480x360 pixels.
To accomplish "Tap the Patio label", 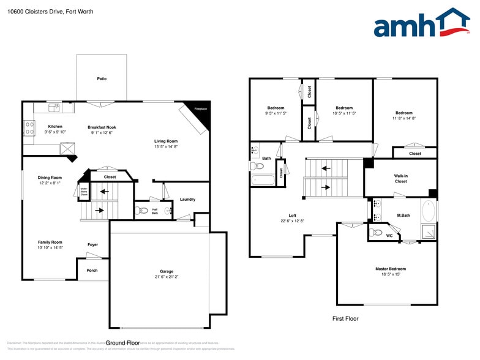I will coord(102,79).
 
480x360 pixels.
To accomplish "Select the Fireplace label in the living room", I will coord(200,109).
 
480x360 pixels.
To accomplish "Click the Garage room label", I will coord(167,271).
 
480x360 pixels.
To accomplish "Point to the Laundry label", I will coord(187,200).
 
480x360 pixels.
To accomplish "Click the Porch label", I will coord(92,271).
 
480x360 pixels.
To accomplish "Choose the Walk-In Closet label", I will coord(400,178).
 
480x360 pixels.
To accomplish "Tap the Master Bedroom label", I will coord(390,269).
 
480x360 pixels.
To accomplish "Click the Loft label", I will coord(293,216).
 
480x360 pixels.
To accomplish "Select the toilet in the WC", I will coord(377,233).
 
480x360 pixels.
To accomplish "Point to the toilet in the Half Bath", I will coord(143,210).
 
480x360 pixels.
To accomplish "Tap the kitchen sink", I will coord(54,108).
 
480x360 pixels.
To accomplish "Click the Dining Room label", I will coord(50,178).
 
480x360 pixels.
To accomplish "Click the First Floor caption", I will coord(345,318).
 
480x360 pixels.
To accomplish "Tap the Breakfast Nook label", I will coord(102,127).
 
